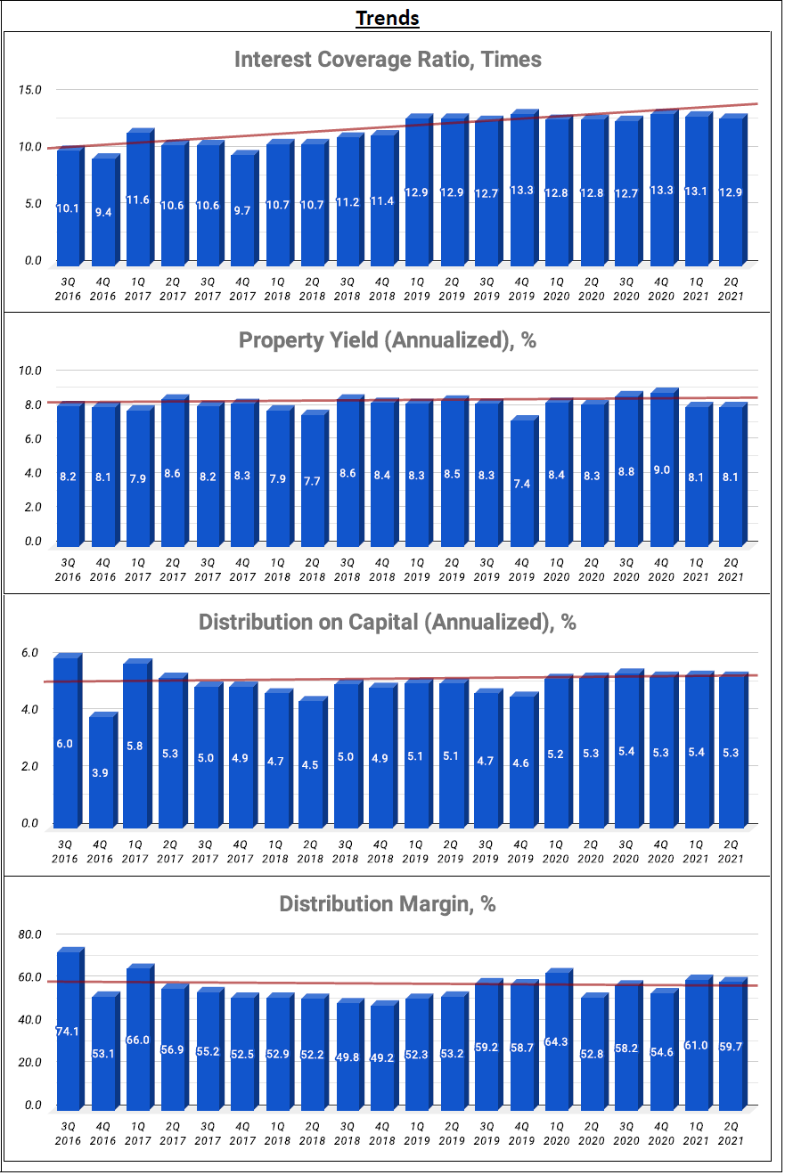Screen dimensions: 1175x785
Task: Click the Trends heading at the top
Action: point(388,18)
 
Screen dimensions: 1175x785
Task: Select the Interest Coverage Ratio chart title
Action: point(388,60)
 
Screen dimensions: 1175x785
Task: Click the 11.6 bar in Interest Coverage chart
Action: point(137,200)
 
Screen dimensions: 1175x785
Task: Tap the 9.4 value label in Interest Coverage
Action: point(103,212)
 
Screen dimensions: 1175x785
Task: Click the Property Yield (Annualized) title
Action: point(388,340)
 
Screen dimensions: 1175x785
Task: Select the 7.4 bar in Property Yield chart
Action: point(522,481)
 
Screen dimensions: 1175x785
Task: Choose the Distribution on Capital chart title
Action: point(388,622)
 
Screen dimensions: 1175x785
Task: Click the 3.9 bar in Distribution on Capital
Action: point(102,771)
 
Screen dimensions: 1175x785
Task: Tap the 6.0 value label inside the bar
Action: point(65,743)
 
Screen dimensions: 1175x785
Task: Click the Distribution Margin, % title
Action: point(388,904)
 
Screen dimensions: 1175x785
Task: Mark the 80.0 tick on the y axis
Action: point(31,934)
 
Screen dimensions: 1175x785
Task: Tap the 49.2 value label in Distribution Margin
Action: point(381,1057)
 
